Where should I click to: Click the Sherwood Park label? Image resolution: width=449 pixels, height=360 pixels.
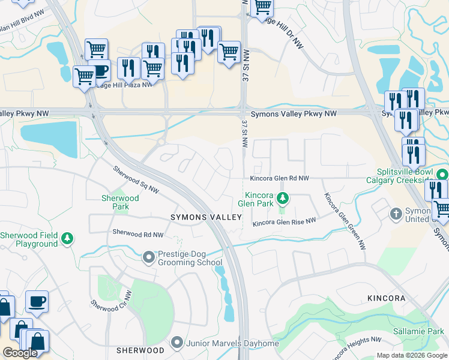coord(120,202)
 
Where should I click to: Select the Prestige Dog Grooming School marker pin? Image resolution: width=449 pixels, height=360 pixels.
coord(149,258)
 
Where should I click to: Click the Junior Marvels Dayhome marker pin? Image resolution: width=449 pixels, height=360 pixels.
coord(176,343)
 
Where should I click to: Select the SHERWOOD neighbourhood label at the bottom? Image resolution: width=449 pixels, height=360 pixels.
coord(140,350)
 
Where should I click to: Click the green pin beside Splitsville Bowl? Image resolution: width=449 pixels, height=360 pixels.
coord(442,175)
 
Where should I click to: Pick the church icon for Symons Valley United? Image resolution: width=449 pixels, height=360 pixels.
coord(396,214)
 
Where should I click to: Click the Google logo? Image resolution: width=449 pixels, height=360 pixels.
coord(20,353)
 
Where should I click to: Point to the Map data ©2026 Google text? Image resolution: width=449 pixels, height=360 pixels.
coord(411,355)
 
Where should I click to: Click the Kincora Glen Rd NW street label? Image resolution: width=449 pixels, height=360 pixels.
coord(279,179)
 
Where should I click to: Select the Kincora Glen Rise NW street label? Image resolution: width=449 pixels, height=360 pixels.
coord(284,223)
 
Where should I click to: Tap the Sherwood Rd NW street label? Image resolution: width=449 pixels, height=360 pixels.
coord(137,233)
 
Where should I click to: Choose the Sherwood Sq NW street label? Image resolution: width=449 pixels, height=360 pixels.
coord(136,180)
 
